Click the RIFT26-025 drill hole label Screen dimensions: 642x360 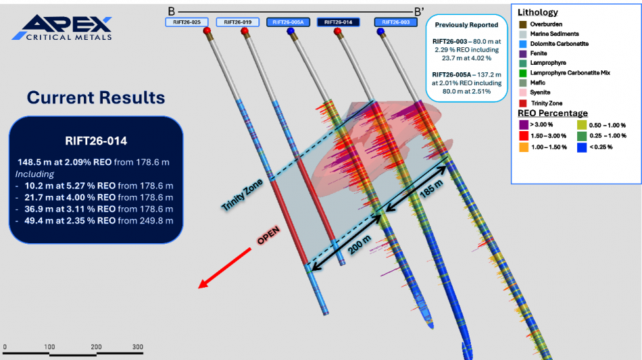pos(187,22)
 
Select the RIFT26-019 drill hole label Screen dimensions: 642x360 pos(237,22)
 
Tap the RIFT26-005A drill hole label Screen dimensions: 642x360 pos(289,22)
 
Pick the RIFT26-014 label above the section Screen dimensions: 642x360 pos(338,22)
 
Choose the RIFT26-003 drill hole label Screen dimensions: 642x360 pos(395,22)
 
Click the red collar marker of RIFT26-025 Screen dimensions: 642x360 pos(207,30)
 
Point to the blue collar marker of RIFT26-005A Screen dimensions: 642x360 pos(291,31)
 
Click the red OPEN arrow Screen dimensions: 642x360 pos(225,268)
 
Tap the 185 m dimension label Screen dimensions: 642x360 pos(431,189)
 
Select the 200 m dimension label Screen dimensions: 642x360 pos(360,245)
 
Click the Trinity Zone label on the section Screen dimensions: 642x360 pos(242,195)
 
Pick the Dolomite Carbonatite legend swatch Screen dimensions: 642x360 pos(523,44)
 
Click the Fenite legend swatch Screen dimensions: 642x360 pos(523,53)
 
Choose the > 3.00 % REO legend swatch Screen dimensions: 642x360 pos(524,125)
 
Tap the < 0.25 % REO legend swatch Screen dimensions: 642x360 pos(582,147)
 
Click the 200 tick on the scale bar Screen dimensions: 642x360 pos(96,347)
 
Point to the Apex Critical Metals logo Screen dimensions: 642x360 pos(61,28)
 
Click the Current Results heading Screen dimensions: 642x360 pos(96,97)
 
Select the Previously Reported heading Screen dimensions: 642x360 pos(466,25)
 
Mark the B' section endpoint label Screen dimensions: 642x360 pos(419,11)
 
